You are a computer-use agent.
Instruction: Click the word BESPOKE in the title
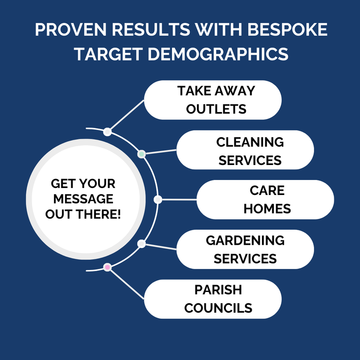287,30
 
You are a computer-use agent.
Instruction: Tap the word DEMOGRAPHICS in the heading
218,54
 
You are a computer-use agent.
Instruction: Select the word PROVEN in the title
71,30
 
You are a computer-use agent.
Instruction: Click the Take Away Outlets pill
213,100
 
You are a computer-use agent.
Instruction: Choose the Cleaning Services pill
245,150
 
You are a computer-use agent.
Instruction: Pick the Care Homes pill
265,200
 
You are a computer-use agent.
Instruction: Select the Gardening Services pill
245,249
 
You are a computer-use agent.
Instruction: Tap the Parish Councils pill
213,299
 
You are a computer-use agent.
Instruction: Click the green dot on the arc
142,154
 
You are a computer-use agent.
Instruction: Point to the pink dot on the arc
107,267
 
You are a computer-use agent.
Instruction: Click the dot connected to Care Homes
157,200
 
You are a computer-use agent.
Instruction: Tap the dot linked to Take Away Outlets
107,132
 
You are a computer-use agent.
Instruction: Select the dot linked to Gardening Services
142,244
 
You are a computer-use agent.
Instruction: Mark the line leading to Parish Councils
127,284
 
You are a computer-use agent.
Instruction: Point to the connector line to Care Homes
179,200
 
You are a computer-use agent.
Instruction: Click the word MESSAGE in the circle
83,199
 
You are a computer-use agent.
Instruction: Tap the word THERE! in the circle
98,214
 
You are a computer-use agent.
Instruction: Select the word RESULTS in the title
151,30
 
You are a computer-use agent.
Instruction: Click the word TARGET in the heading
108,54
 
